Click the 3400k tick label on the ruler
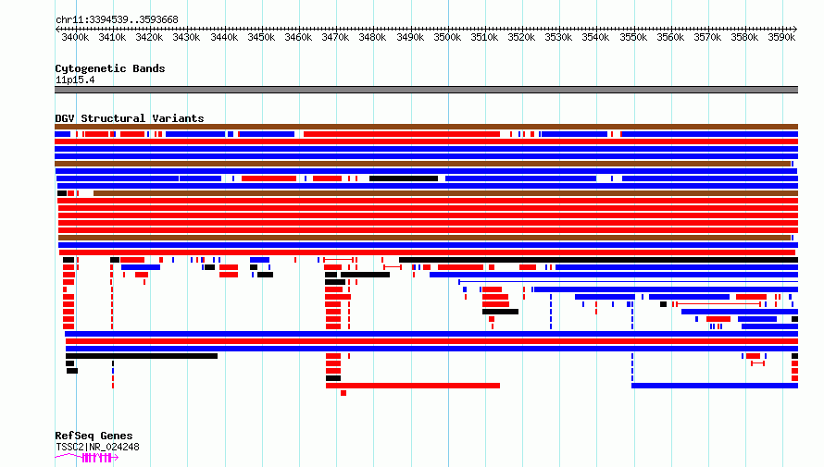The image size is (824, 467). click(x=75, y=38)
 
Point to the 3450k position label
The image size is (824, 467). click(x=261, y=38)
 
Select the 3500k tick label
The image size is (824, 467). click(x=448, y=38)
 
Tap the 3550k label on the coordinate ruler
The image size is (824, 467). click(x=633, y=38)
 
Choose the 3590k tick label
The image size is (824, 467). click(x=782, y=38)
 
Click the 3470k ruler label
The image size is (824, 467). click(x=335, y=38)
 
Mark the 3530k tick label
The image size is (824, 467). click(x=558, y=38)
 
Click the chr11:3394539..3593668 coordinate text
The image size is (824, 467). click(x=118, y=20)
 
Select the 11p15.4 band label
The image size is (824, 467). click(x=75, y=80)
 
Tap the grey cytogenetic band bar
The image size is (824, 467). click(x=426, y=90)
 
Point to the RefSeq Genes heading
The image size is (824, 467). click(x=94, y=436)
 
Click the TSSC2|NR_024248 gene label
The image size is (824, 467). click(x=98, y=447)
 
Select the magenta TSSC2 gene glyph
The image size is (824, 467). click(x=87, y=458)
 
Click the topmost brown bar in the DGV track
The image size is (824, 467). click(x=426, y=127)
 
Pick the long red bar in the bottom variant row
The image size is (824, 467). click(x=413, y=386)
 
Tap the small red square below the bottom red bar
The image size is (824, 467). click(x=343, y=393)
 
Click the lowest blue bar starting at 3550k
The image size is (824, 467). click(x=715, y=386)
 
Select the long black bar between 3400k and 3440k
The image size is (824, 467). click(x=142, y=356)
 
